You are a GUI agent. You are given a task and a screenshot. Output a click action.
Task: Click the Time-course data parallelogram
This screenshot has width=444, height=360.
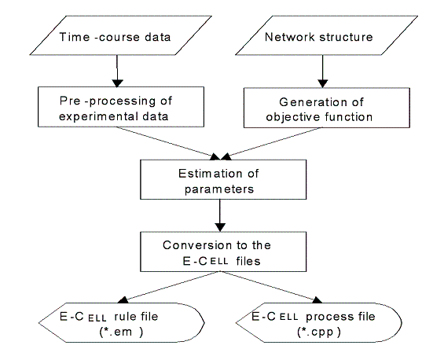click(121, 35)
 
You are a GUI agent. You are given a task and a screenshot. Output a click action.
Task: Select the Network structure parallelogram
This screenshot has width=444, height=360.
click(326, 35)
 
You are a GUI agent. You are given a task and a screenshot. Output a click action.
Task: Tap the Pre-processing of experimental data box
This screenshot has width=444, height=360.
click(121, 107)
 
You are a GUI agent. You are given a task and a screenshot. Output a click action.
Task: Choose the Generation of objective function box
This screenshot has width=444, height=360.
click(327, 108)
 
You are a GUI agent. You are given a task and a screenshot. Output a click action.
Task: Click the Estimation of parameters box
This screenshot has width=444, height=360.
click(223, 179)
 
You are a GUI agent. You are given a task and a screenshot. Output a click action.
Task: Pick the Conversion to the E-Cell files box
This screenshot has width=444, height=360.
click(223, 252)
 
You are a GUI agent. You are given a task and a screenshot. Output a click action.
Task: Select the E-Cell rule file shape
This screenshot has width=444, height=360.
click(122, 322)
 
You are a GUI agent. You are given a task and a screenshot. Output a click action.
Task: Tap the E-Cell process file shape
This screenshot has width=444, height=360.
click(319, 322)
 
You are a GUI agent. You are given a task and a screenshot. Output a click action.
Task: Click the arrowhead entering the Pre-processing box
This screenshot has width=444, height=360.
click(117, 83)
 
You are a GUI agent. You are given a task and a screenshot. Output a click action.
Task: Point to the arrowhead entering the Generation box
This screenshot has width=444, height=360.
click(322, 83)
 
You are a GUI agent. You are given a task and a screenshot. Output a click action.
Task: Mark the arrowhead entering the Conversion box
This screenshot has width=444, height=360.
click(220, 227)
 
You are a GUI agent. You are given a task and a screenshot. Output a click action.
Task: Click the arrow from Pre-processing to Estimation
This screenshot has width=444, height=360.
click(168, 143)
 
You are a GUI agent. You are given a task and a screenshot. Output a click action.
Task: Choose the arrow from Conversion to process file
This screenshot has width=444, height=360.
click(271, 287)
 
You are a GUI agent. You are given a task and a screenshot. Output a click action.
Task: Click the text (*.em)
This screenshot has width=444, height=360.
click(121, 332)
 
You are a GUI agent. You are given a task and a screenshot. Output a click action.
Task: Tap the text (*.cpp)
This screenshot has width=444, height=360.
click(319, 332)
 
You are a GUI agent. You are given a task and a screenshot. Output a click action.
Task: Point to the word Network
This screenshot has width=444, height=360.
click(290, 37)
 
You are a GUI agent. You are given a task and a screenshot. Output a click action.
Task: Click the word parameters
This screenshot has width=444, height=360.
click(219, 189)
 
